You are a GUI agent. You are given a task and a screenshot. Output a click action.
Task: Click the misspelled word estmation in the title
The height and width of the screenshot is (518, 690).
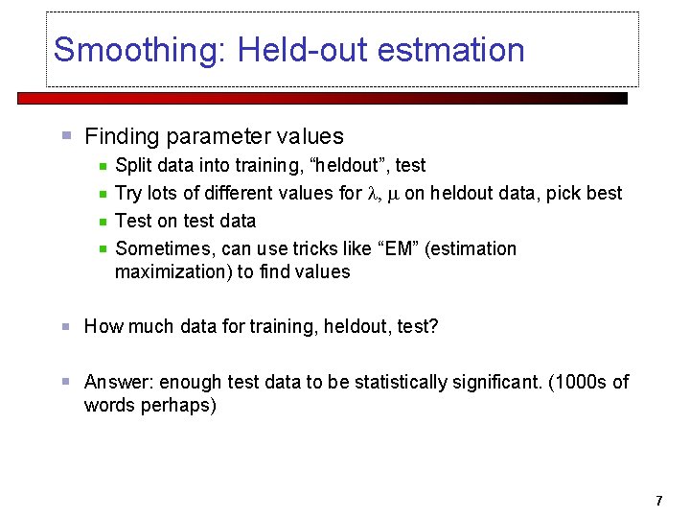pyautogui.click(x=451, y=50)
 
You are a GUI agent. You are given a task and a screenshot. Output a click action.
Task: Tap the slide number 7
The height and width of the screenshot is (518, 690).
pyautogui.click(x=658, y=501)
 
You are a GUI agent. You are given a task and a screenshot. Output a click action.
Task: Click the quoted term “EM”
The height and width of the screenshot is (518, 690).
pyautogui.click(x=398, y=248)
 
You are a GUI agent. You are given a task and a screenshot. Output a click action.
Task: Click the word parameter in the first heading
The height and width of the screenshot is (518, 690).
pyautogui.click(x=209, y=137)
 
